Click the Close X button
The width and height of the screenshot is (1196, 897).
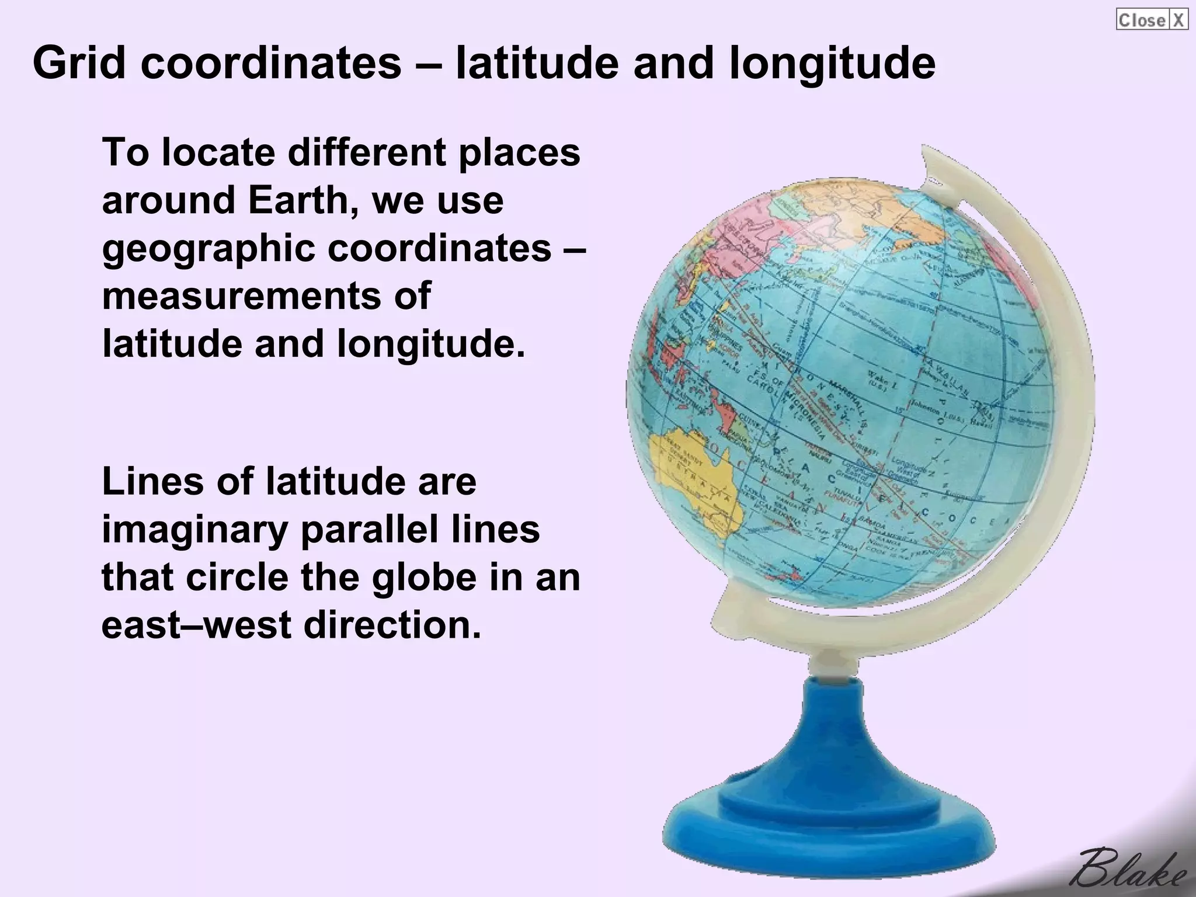pyautogui.click(x=1152, y=20)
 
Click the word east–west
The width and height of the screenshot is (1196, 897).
pyautogui.click(x=196, y=625)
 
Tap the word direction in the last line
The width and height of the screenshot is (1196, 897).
pyautogui.click(x=392, y=625)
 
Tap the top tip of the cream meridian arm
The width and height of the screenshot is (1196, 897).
pyautogui.click(x=929, y=153)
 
